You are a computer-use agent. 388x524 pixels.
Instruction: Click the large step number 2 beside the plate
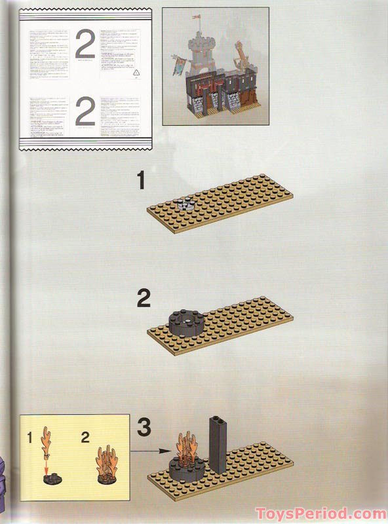144,299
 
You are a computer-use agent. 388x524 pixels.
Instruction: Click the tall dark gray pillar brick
218,443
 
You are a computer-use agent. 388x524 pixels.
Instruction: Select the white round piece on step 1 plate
185,204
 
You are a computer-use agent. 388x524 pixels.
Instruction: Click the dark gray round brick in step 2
185,322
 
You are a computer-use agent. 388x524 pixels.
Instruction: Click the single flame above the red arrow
48,443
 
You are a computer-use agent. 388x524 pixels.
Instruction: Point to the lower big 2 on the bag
85,113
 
